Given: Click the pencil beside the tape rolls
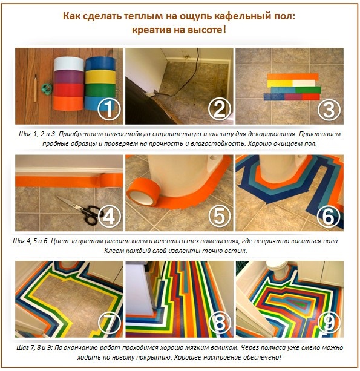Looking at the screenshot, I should (35, 85).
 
